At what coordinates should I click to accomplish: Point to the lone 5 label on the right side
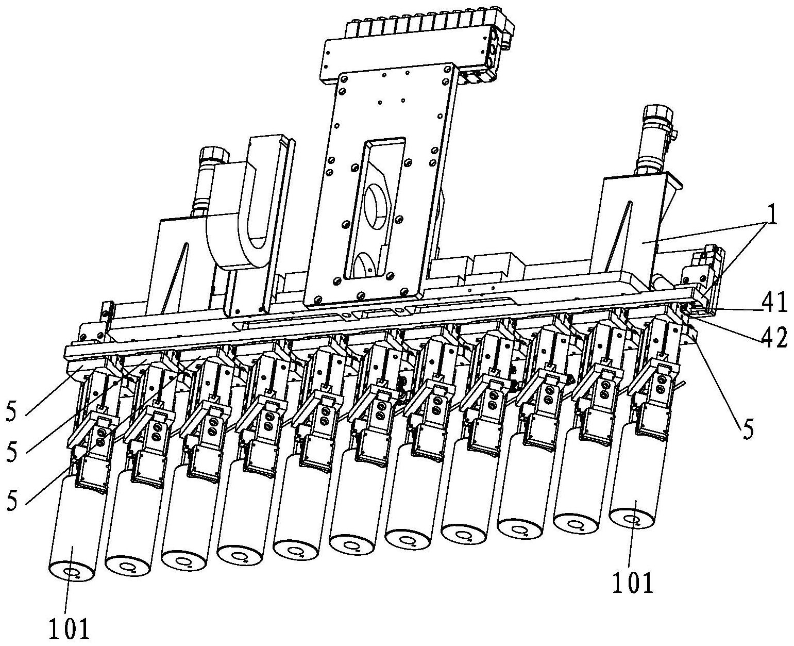tap(748, 427)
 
